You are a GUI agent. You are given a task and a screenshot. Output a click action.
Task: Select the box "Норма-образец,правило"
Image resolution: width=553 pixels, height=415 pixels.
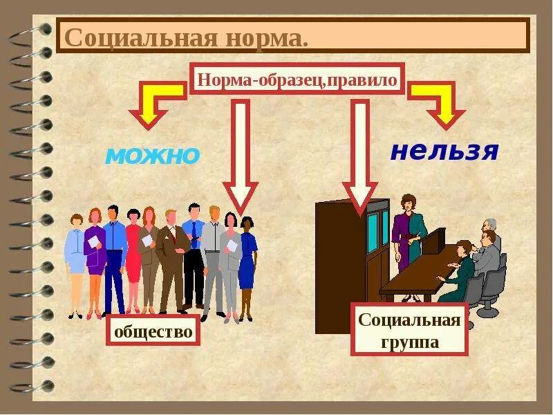click(297, 80)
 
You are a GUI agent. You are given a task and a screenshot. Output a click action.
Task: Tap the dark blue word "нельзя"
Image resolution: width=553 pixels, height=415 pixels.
click(444, 151)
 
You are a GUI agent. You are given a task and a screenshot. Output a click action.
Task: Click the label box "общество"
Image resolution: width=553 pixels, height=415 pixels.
click(153, 331)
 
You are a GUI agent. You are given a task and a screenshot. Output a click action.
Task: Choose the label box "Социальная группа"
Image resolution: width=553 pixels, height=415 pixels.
click(409, 330)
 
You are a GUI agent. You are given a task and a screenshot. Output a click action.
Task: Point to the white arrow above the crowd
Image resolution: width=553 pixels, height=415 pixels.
click(240, 156)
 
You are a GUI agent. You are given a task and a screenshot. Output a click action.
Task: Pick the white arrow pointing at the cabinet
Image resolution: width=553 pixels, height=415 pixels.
click(359, 156)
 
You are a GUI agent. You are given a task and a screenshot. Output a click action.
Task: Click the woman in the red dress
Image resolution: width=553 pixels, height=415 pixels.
click(133, 259)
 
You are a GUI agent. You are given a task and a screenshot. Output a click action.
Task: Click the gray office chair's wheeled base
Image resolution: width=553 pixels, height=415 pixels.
click(488, 309)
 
